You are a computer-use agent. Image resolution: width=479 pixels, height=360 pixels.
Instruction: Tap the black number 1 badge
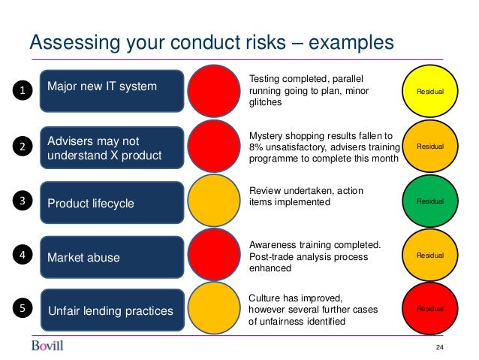(x=23, y=92)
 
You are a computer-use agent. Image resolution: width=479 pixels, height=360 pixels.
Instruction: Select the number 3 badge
(x=23, y=201)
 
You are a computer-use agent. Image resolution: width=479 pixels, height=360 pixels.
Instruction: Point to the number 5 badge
(x=23, y=309)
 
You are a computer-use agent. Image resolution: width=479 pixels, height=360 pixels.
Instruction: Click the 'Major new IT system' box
(x=112, y=87)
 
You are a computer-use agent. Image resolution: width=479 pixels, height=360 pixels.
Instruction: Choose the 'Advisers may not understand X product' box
(x=112, y=148)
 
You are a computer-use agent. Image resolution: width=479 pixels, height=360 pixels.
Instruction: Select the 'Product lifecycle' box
(x=112, y=203)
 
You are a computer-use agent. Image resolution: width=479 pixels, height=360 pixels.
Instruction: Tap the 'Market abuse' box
(x=112, y=257)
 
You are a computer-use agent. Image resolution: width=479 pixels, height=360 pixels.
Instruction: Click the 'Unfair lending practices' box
(x=112, y=310)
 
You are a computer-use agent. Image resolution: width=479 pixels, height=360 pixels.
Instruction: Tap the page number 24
(x=441, y=346)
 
